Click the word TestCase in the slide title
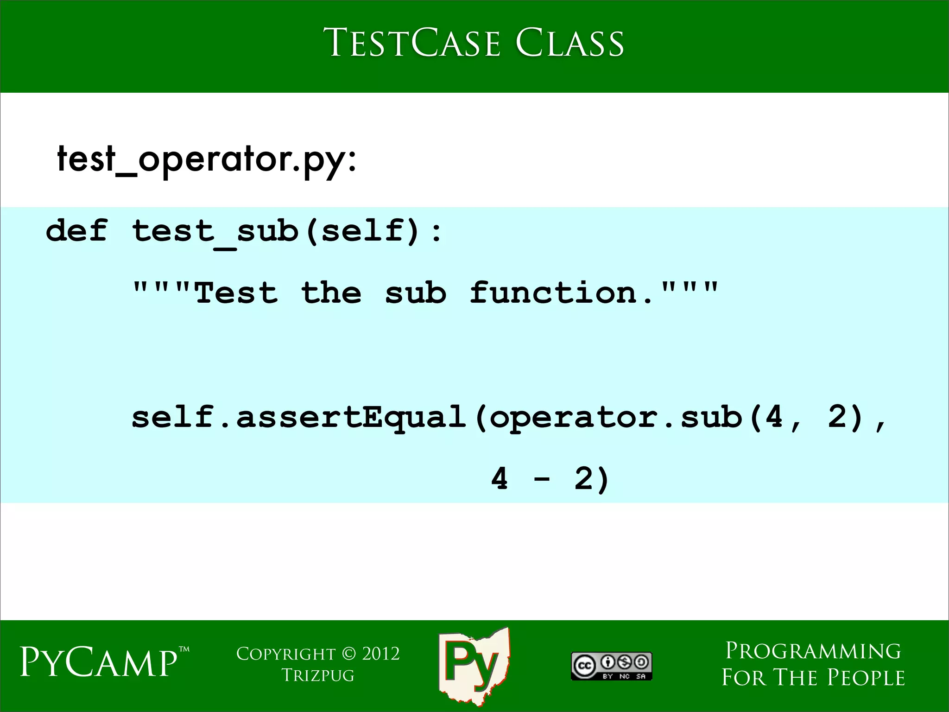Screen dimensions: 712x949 click(411, 43)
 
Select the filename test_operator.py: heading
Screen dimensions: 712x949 click(207, 159)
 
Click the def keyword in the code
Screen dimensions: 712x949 click(76, 230)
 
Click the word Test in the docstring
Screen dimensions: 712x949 click(236, 292)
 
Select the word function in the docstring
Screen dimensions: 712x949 click(554, 292)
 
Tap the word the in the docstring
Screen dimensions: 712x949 click(331, 292)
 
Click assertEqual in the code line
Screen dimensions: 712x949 click(351, 417)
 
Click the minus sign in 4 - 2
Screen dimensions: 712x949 click(542, 479)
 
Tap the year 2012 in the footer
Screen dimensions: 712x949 click(380, 654)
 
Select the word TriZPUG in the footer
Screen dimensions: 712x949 click(318, 675)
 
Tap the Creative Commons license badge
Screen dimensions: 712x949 click(611, 666)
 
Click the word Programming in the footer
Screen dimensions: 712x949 click(813, 651)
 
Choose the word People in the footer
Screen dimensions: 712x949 click(866, 678)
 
